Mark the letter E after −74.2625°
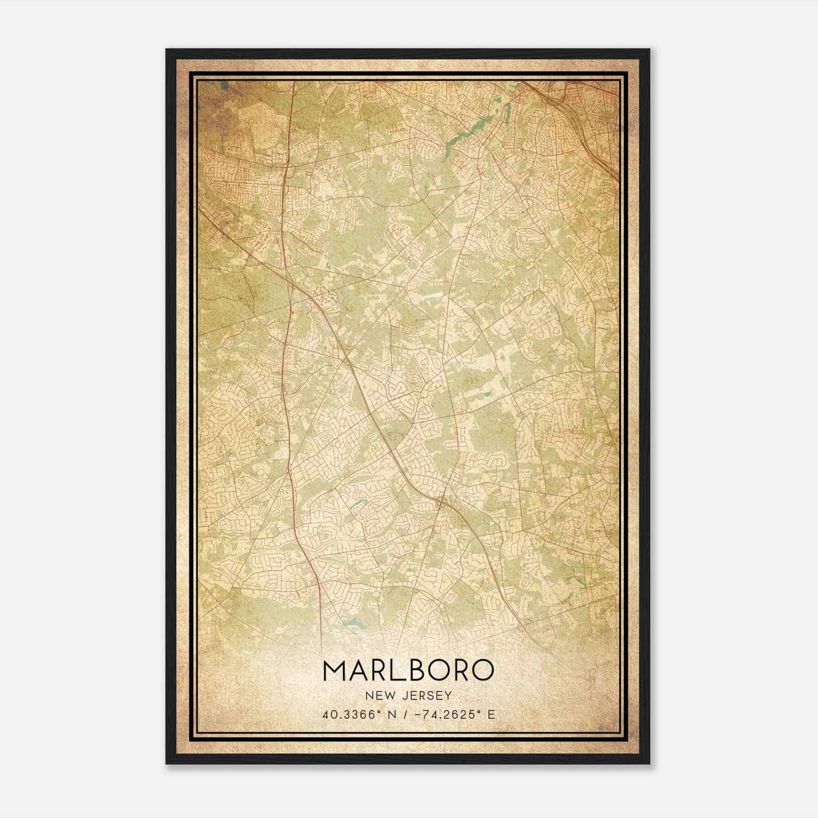click(x=491, y=714)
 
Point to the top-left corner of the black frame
click(x=167, y=50)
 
